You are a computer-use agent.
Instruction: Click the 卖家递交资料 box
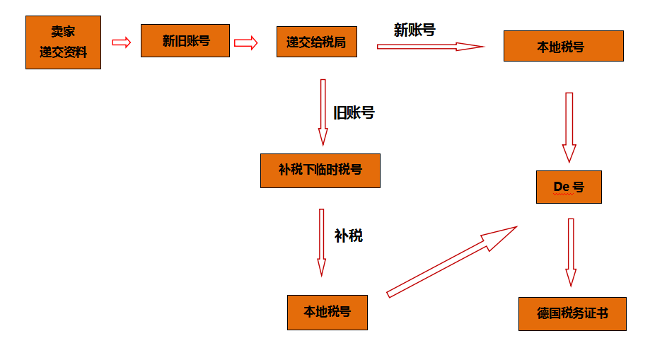(63, 42)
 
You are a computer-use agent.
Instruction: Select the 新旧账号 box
(185, 41)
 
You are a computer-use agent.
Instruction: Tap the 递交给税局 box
(316, 42)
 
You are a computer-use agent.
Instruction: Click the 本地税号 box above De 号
(563, 46)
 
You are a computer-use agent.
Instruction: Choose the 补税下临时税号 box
(320, 170)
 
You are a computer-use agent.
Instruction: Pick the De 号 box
(569, 187)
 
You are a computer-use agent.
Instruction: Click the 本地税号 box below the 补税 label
(327, 312)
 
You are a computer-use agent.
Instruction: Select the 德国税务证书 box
(572, 313)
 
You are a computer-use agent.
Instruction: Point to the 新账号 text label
(414, 30)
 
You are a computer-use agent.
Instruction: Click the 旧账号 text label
(354, 112)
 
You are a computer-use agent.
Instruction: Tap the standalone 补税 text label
(348, 236)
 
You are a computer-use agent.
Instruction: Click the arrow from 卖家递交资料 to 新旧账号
(122, 42)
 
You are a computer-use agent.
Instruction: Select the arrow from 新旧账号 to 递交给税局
(245, 43)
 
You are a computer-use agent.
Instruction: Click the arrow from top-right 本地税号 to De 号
(569, 127)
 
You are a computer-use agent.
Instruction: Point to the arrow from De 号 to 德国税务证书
(571, 252)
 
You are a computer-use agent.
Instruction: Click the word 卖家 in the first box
(63, 32)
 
